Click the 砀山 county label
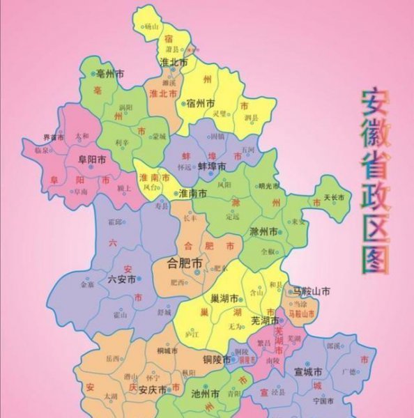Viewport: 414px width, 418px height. click(151, 26)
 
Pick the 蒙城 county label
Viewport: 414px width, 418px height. click(160, 137)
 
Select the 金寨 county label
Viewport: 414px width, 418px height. click(87, 285)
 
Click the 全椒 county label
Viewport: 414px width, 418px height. click(268, 251)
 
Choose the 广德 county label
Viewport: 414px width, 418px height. click(348, 371)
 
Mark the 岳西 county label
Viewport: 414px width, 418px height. click(112, 359)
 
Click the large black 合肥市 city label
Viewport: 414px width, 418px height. click(186, 264)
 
